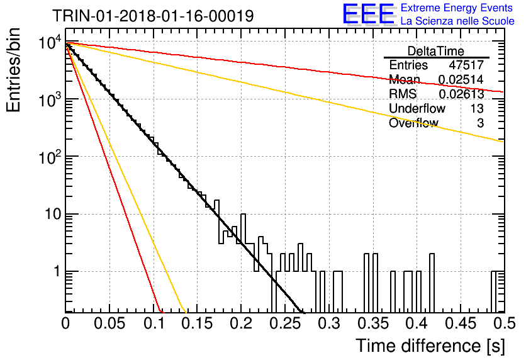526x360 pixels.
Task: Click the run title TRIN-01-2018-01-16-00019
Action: click(153, 16)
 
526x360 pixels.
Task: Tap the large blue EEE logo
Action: click(368, 14)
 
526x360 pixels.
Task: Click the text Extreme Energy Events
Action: click(456, 8)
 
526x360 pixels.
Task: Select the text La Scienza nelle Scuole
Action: click(457, 21)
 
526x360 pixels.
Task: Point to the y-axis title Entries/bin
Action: click(13, 70)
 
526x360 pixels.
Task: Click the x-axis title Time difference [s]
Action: click(430, 346)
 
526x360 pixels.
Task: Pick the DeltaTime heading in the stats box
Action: click(436, 51)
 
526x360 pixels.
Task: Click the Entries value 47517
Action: click(466, 65)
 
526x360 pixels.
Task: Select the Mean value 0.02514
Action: click(461, 79)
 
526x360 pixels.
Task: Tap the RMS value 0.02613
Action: click(461, 94)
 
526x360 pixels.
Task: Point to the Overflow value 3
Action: click(480, 123)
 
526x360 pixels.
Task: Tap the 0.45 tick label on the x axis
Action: click(461, 323)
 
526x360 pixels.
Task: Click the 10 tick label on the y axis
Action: click(53, 214)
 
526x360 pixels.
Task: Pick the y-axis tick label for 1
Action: click(57, 271)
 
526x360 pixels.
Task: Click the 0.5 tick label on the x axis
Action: click(504, 323)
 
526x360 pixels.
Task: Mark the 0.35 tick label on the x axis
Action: click(372, 323)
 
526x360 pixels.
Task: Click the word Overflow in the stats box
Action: click(413, 123)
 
